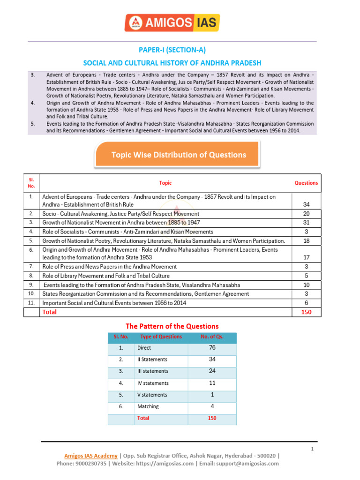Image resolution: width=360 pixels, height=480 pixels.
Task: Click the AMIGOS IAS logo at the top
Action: pyautogui.click(x=172, y=22)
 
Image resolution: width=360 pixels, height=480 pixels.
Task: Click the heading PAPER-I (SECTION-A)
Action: pyautogui.click(x=172, y=50)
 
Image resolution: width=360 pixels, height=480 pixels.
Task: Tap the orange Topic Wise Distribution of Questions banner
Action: pyautogui.click(x=178, y=155)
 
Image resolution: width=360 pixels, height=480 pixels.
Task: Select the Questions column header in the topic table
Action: pyautogui.click(x=306, y=183)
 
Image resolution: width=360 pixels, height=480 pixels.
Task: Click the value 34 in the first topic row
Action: pyautogui.click(x=306, y=204)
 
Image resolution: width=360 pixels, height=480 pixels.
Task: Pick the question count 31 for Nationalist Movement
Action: pyautogui.click(x=306, y=223)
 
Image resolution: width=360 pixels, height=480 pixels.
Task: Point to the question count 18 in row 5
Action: pyautogui.click(x=306, y=240)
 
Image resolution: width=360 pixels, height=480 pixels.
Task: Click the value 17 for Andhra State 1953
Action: pyautogui.click(x=306, y=257)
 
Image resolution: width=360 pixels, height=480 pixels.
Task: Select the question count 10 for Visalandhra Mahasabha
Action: pyautogui.click(x=306, y=285)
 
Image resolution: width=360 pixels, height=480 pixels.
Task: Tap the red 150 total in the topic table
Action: pyautogui.click(x=306, y=312)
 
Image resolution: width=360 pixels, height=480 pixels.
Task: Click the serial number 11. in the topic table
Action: pyautogui.click(x=31, y=303)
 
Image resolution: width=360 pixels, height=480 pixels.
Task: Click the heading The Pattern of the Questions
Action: pyautogui.click(x=172, y=326)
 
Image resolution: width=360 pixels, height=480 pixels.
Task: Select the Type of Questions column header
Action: pyautogui.click(x=161, y=337)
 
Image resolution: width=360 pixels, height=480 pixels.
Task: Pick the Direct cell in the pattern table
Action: pyautogui.click(x=144, y=348)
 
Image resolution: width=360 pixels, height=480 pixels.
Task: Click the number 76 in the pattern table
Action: pyautogui.click(x=212, y=348)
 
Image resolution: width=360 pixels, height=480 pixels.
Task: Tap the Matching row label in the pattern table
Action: pyautogui.click(x=148, y=406)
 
